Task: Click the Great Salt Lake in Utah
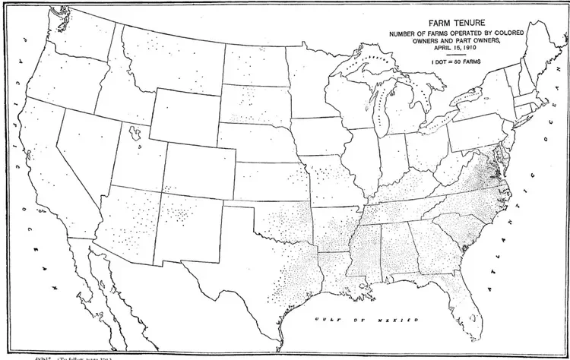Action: pyautogui.click(x=135, y=135)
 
